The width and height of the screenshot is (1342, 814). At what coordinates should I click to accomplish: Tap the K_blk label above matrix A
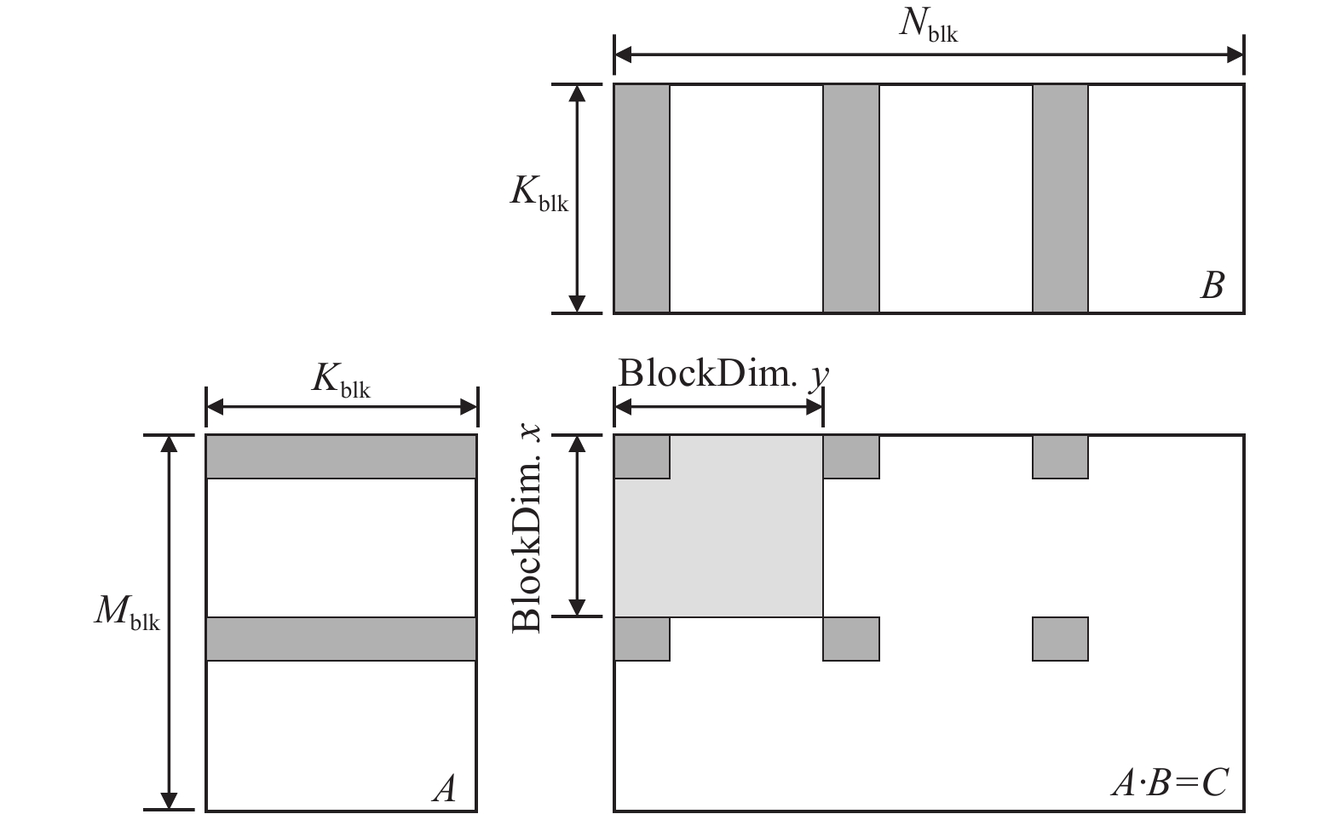click(341, 381)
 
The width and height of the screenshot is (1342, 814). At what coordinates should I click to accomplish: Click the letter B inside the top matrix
click(1212, 285)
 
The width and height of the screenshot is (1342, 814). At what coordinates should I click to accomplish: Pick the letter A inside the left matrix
click(444, 788)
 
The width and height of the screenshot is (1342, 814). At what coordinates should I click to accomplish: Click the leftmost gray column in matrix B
click(642, 198)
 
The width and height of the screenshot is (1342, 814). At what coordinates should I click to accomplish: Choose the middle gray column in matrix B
click(850, 198)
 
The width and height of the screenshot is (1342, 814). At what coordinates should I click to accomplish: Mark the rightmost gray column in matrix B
click(1060, 198)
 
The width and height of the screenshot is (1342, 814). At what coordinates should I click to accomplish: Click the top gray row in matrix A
click(341, 456)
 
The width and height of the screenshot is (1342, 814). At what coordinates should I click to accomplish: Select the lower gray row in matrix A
click(341, 639)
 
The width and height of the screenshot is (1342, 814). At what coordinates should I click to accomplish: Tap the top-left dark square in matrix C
click(642, 456)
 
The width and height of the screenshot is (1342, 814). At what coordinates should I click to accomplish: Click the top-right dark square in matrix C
click(1060, 456)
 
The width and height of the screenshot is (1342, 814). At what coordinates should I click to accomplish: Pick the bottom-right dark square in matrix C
click(1060, 639)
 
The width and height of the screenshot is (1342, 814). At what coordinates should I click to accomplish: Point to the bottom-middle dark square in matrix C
click(850, 639)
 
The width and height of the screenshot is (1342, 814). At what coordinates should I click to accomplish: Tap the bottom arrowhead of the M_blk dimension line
click(170, 800)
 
